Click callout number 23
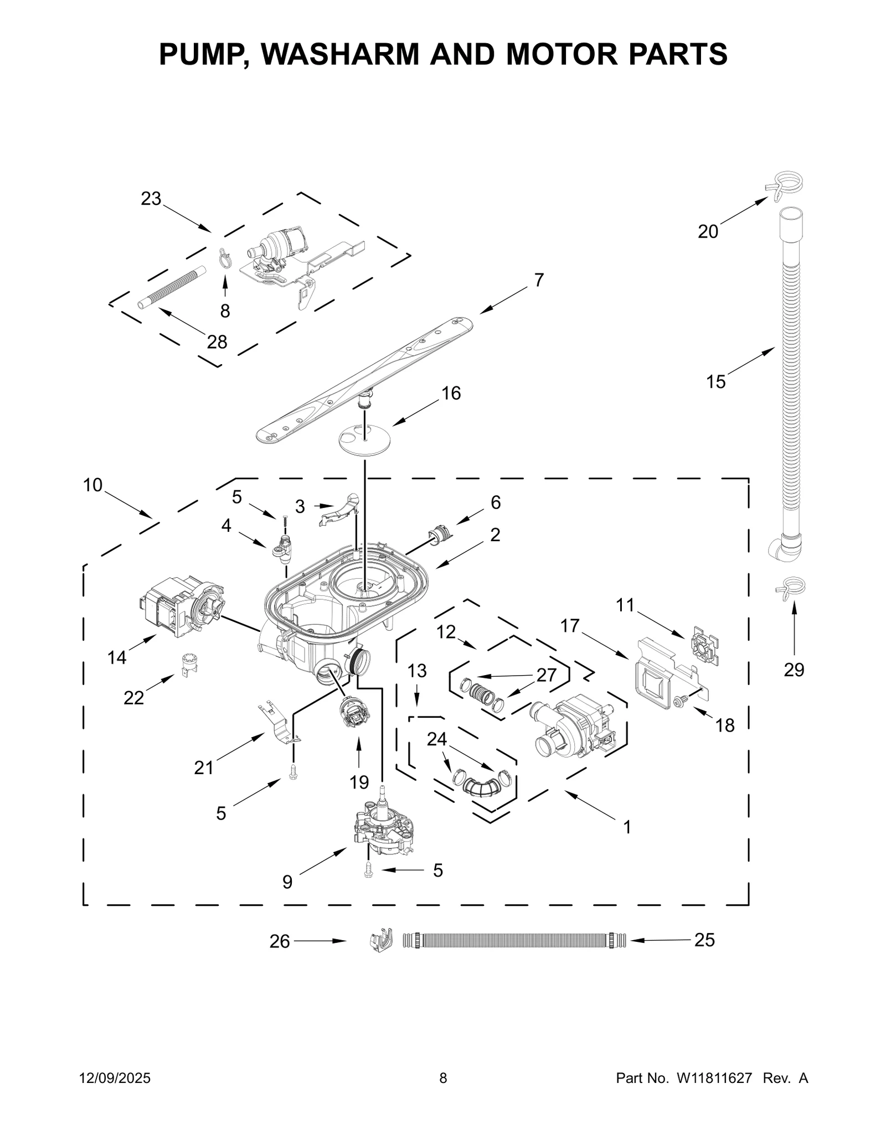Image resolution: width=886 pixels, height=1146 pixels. pyautogui.click(x=151, y=199)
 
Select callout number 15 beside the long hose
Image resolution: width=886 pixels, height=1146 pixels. pyautogui.click(x=715, y=381)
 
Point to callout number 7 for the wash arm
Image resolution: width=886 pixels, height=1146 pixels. pyautogui.click(x=539, y=280)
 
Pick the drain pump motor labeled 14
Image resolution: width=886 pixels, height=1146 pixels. pyautogui.click(x=180, y=605)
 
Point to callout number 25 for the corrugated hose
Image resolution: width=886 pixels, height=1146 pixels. pyautogui.click(x=704, y=940)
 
